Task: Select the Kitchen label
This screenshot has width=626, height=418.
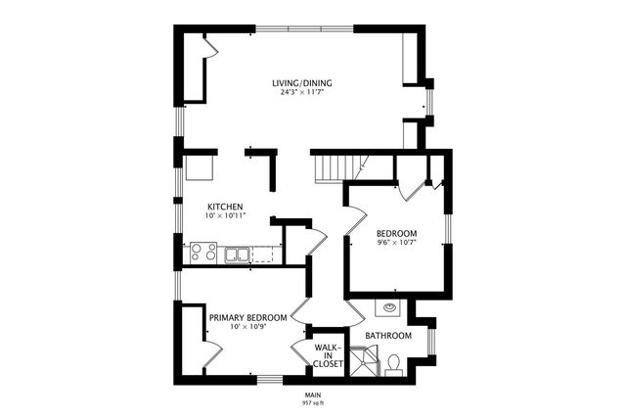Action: [225, 207]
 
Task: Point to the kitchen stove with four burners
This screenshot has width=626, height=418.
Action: [201, 253]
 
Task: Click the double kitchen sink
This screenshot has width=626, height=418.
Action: [237, 255]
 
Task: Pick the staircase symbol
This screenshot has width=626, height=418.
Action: [333, 168]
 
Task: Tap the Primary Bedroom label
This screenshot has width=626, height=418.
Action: [247, 317]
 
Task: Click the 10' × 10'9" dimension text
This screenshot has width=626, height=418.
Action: [247, 327]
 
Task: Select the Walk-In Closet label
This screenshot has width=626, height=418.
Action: [329, 355]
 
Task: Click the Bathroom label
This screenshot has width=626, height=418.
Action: [388, 336]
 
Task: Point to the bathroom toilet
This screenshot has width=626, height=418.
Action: [392, 363]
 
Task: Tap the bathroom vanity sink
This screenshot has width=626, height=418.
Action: [391, 306]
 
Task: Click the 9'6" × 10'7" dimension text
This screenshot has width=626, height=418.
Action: [397, 242]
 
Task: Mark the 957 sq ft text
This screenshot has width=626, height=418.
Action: [313, 402]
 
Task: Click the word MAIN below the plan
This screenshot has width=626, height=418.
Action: [313, 394]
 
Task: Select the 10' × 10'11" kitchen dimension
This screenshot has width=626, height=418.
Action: [225, 216]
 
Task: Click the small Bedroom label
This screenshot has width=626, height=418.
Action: [397, 232]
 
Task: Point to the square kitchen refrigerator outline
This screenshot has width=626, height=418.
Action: [201, 167]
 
